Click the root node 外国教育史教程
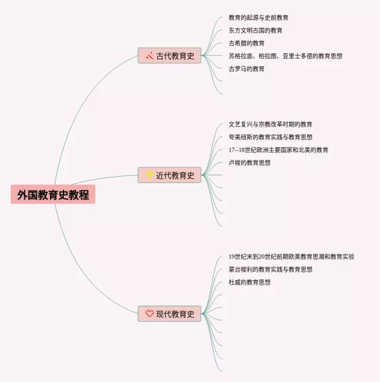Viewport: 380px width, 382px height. [53, 195]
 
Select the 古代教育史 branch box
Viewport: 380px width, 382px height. [170, 56]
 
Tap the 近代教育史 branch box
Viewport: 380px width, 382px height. [170, 176]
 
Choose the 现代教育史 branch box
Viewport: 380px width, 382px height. [170, 314]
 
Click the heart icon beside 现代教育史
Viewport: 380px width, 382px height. [150, 314]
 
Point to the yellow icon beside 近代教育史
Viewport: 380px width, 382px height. [150, 175]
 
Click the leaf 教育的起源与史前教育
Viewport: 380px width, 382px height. [258, 18]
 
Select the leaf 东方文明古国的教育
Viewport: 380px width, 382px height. [255, 31]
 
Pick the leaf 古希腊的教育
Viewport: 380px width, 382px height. [246, 43]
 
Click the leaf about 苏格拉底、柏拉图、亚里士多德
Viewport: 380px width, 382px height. [285, 56]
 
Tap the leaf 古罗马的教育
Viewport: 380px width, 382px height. [246, 69]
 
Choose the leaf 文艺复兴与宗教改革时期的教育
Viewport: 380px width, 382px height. [270, 125]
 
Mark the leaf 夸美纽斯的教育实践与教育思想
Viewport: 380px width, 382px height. [270, 137]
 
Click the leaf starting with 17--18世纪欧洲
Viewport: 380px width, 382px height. [278, 150]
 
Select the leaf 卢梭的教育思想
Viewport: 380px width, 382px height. [249, 163]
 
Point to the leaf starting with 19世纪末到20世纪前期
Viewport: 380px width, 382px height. [291, 257]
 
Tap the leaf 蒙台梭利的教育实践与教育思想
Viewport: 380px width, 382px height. [270, 269]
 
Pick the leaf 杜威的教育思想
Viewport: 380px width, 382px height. [249, 282]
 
